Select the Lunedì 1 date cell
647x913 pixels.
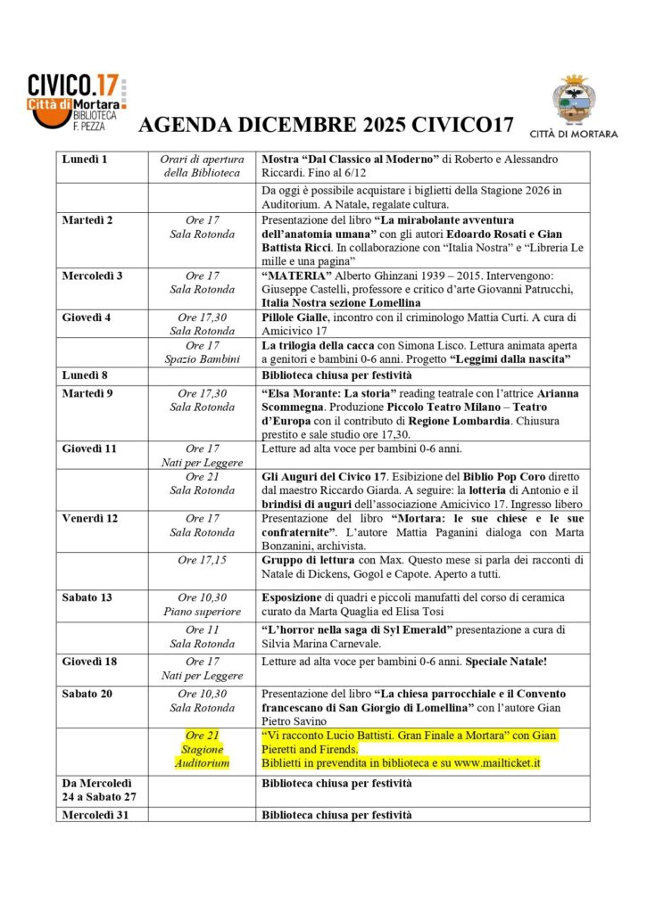click(85, 159)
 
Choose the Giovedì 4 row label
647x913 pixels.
click(87, 317)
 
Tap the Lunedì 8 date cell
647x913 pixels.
click(85, 375)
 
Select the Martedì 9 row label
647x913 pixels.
click(87, 393)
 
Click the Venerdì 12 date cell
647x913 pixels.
click(89, 518)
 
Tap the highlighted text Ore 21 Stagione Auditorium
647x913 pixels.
click(202, 749)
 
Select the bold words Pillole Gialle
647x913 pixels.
click(300, 317)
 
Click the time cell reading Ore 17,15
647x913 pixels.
click(202, 560)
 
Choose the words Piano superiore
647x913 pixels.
click(202, 611)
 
